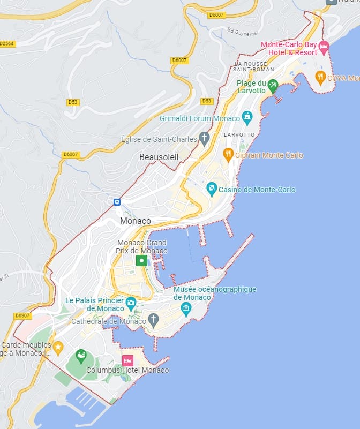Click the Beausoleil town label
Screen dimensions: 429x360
coord(159,157)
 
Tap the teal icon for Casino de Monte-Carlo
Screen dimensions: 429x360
coord(212,189)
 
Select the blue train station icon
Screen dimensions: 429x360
coord(117,202)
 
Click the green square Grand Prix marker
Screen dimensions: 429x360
coord(142,261)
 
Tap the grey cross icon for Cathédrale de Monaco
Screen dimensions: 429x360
coord(153,321)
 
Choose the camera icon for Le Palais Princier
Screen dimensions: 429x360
coord(131,304)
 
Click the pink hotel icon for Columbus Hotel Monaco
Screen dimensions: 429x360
coord(128,360)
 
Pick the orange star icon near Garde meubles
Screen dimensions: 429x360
coord(58,345)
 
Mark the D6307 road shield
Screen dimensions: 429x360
coord(22,315)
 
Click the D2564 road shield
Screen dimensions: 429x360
coord(7,43)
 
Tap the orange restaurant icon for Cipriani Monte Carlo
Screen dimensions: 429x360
coord(228,155)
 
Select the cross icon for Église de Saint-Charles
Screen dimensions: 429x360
coord(204,139)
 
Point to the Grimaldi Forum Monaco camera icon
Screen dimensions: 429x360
coord(247,117)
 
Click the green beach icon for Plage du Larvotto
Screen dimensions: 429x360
coord(273,85)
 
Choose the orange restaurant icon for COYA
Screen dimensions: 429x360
coord(320,78)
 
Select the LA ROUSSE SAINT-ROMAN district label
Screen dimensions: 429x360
coord(254,66)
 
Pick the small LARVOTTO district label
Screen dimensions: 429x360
coord(238,135)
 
